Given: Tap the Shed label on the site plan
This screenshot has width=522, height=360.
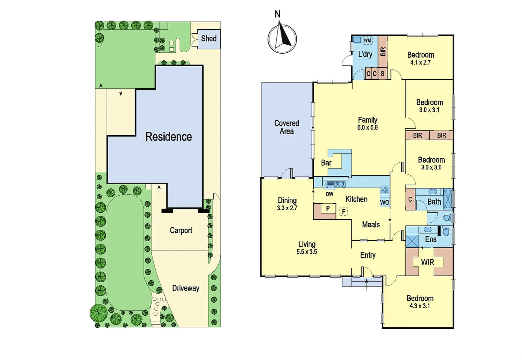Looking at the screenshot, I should [209, 39].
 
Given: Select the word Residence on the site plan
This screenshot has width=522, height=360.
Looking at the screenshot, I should [169, 137].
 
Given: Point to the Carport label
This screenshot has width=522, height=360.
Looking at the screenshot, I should [181, 230].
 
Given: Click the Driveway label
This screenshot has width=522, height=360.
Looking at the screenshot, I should [186, 288].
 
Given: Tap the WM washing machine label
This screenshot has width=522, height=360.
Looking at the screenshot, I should [367, 41].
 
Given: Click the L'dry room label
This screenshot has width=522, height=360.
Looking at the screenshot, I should [365, 54].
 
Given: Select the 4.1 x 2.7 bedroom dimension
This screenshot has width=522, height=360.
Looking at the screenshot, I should [420, 62].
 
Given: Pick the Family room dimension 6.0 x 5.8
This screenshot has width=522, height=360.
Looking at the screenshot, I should [367, 127].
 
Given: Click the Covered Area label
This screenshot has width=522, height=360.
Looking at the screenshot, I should [287, 127].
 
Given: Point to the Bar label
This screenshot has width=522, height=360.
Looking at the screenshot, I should [326, 163].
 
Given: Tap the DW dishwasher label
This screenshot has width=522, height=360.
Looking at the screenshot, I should [329, 194].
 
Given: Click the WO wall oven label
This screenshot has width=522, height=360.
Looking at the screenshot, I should [384, 202].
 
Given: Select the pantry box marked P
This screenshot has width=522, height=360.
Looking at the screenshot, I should [328, 209].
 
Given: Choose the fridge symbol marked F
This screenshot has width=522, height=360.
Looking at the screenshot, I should [343, 211].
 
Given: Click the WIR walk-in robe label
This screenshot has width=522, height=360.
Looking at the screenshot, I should [428, 262].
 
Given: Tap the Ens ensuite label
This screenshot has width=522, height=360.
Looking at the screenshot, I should [431, 239].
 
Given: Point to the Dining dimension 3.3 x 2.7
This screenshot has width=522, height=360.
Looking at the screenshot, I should [287, 208].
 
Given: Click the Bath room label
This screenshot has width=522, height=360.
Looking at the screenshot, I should [434, 202].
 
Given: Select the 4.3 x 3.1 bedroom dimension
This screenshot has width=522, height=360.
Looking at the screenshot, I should [420, 306].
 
